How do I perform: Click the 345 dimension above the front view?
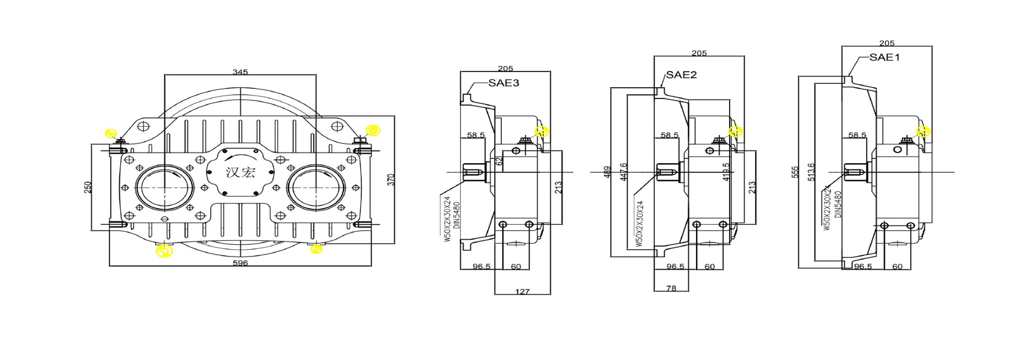[x=240, y=72]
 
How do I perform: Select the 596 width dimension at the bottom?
[x=240, y=263]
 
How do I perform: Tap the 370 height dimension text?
[x=391, y=179]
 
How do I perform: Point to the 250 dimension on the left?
[x=87, y=187]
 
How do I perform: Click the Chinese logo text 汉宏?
[x=240, y=172]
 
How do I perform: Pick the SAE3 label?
[x=503, y=83]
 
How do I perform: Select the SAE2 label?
[x=681, y=75]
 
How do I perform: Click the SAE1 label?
[x=885, y=58]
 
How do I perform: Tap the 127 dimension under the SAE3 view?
[x=522, y=291]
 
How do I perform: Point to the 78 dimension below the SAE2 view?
[x=671, y=288]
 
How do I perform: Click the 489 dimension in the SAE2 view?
[x=607, y=172]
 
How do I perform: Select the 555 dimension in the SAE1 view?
[x=795, y=172]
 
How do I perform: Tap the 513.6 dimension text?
[x=811, y=172]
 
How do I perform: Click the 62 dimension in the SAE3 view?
[x=499, y=161]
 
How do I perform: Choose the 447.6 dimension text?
[x=623, y=172]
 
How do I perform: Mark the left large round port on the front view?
[x=164, y=187]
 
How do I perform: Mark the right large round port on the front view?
[x=316, y=187]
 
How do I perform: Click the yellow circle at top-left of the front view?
[x=111, y=134]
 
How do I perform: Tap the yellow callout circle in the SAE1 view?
[x=923, y=132]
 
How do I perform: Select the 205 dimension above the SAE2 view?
[x=699, y=54]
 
